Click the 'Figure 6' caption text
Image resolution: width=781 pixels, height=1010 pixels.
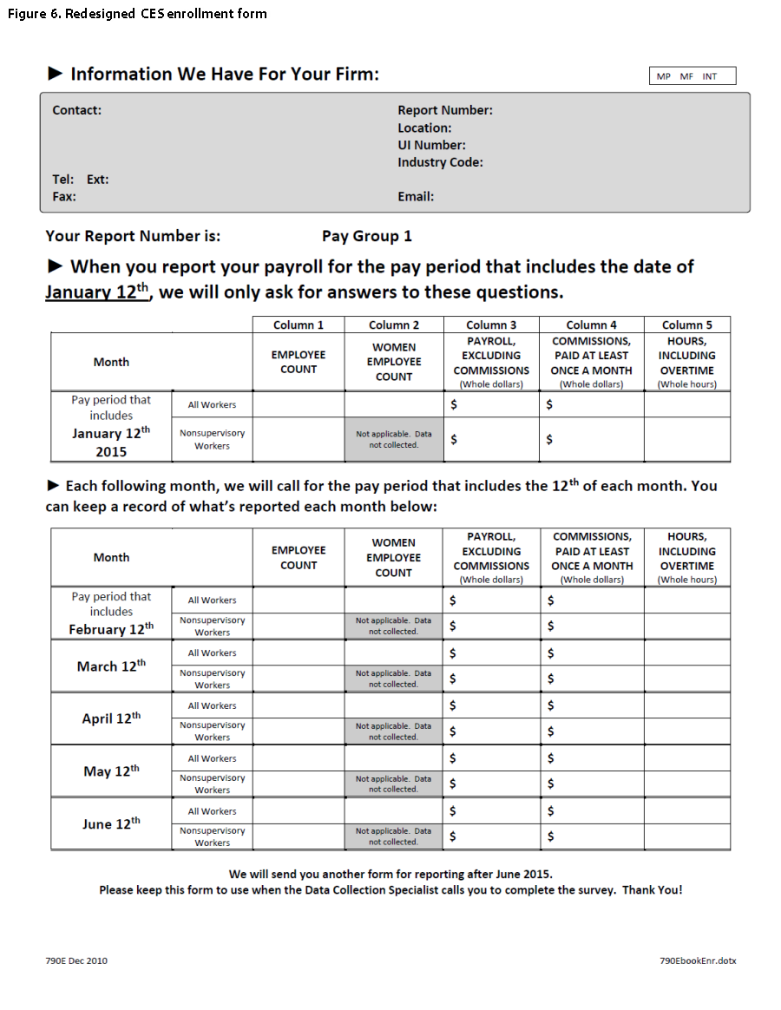point(137,14)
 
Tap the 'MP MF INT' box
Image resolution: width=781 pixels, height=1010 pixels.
point(692,76)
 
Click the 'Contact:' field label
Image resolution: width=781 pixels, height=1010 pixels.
point(76,110)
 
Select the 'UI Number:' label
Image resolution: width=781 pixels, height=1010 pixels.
point(431,145)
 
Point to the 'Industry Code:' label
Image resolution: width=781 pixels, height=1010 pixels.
point(440,162)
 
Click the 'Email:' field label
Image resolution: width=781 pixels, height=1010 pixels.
point(416,196)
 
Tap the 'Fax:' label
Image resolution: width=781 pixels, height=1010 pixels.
point(64,196)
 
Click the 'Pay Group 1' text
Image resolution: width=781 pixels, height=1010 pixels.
point(366,236)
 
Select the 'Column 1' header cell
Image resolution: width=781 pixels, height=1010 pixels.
point(298,325)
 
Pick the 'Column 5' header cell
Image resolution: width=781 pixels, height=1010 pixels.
point(686,325)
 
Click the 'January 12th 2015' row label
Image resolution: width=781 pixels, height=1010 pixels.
point(111,442)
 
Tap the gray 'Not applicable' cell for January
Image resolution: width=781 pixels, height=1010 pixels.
point(393,439)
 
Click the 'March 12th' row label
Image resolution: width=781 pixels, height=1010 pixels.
point(111,666)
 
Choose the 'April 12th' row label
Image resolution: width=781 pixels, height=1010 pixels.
point(111,718)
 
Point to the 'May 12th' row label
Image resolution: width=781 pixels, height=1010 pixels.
point(111,771)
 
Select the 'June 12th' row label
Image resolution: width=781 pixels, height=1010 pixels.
point(111,824)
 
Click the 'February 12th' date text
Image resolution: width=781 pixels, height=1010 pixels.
point(111,629)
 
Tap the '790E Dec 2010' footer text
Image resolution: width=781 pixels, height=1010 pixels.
point(76,961)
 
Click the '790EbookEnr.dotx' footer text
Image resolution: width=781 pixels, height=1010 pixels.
point(698,961)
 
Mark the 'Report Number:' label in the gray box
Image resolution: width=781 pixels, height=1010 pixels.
point(444,110)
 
